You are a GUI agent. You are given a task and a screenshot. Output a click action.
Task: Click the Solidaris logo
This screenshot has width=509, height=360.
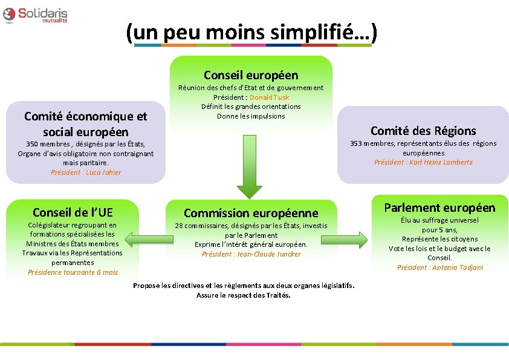click(35, 15)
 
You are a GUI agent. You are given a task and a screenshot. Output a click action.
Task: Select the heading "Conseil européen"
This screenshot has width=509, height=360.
click(251, 75)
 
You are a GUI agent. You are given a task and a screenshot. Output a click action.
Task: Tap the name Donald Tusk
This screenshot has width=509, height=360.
click(269, 97)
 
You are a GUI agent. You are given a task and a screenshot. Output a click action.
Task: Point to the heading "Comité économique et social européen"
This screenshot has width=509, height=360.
click(85, 123)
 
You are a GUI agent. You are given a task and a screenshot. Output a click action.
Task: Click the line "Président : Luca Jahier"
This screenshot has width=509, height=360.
click(86, 172)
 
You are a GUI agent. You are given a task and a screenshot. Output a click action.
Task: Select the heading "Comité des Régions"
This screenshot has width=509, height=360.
click(423, 131)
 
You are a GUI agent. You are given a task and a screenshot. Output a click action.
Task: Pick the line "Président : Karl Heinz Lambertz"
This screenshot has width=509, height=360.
click(423, 162)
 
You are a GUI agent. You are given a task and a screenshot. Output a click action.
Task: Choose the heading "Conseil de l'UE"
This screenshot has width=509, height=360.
click(73, 212)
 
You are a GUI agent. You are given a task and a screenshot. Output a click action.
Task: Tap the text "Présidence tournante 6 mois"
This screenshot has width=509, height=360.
click(73, 272)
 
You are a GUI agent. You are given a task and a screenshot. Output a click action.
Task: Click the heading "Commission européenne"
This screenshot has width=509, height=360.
click(251, 213)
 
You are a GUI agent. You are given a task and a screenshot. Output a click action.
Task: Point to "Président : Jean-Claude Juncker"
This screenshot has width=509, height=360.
click(251, 254)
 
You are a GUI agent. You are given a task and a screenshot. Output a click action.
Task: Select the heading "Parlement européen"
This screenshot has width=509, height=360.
click(439, 208)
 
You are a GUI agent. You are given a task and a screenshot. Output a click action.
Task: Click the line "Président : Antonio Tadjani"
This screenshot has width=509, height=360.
click(439, 267)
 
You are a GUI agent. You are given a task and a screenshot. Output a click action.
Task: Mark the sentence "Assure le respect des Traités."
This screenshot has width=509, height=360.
click(244, 295)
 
